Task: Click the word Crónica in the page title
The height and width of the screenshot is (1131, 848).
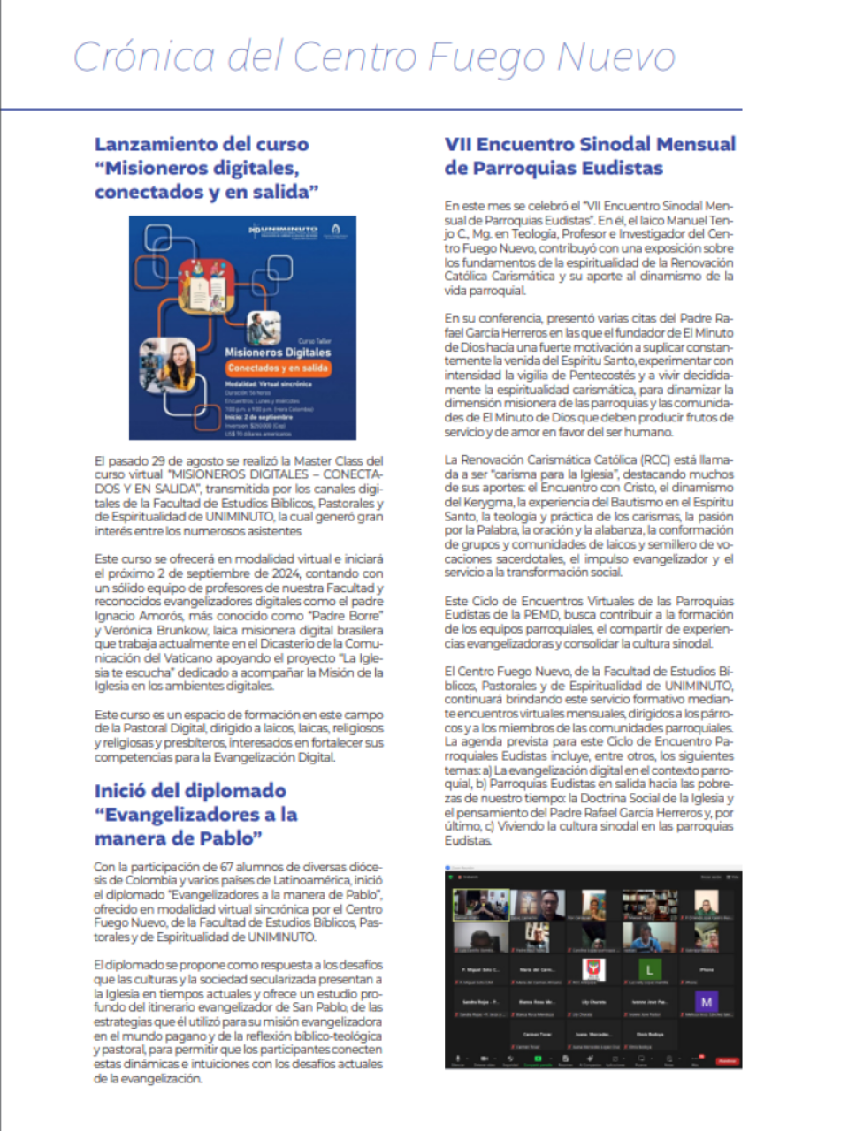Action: [143, 57]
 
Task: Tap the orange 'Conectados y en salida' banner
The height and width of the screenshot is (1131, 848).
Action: [278, 368]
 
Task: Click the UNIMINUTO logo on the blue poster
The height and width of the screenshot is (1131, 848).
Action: [283, 232]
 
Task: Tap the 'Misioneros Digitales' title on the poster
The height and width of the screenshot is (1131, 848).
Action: [278, 352]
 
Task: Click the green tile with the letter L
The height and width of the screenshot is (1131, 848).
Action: [650, 970]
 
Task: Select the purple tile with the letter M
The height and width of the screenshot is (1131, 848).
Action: [706, 1002]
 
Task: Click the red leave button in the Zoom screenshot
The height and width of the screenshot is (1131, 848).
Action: [727, 1061]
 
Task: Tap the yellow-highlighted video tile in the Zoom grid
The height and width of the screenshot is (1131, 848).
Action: [481, 906]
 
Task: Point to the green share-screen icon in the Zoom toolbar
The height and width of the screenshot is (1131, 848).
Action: [537, 1059]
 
